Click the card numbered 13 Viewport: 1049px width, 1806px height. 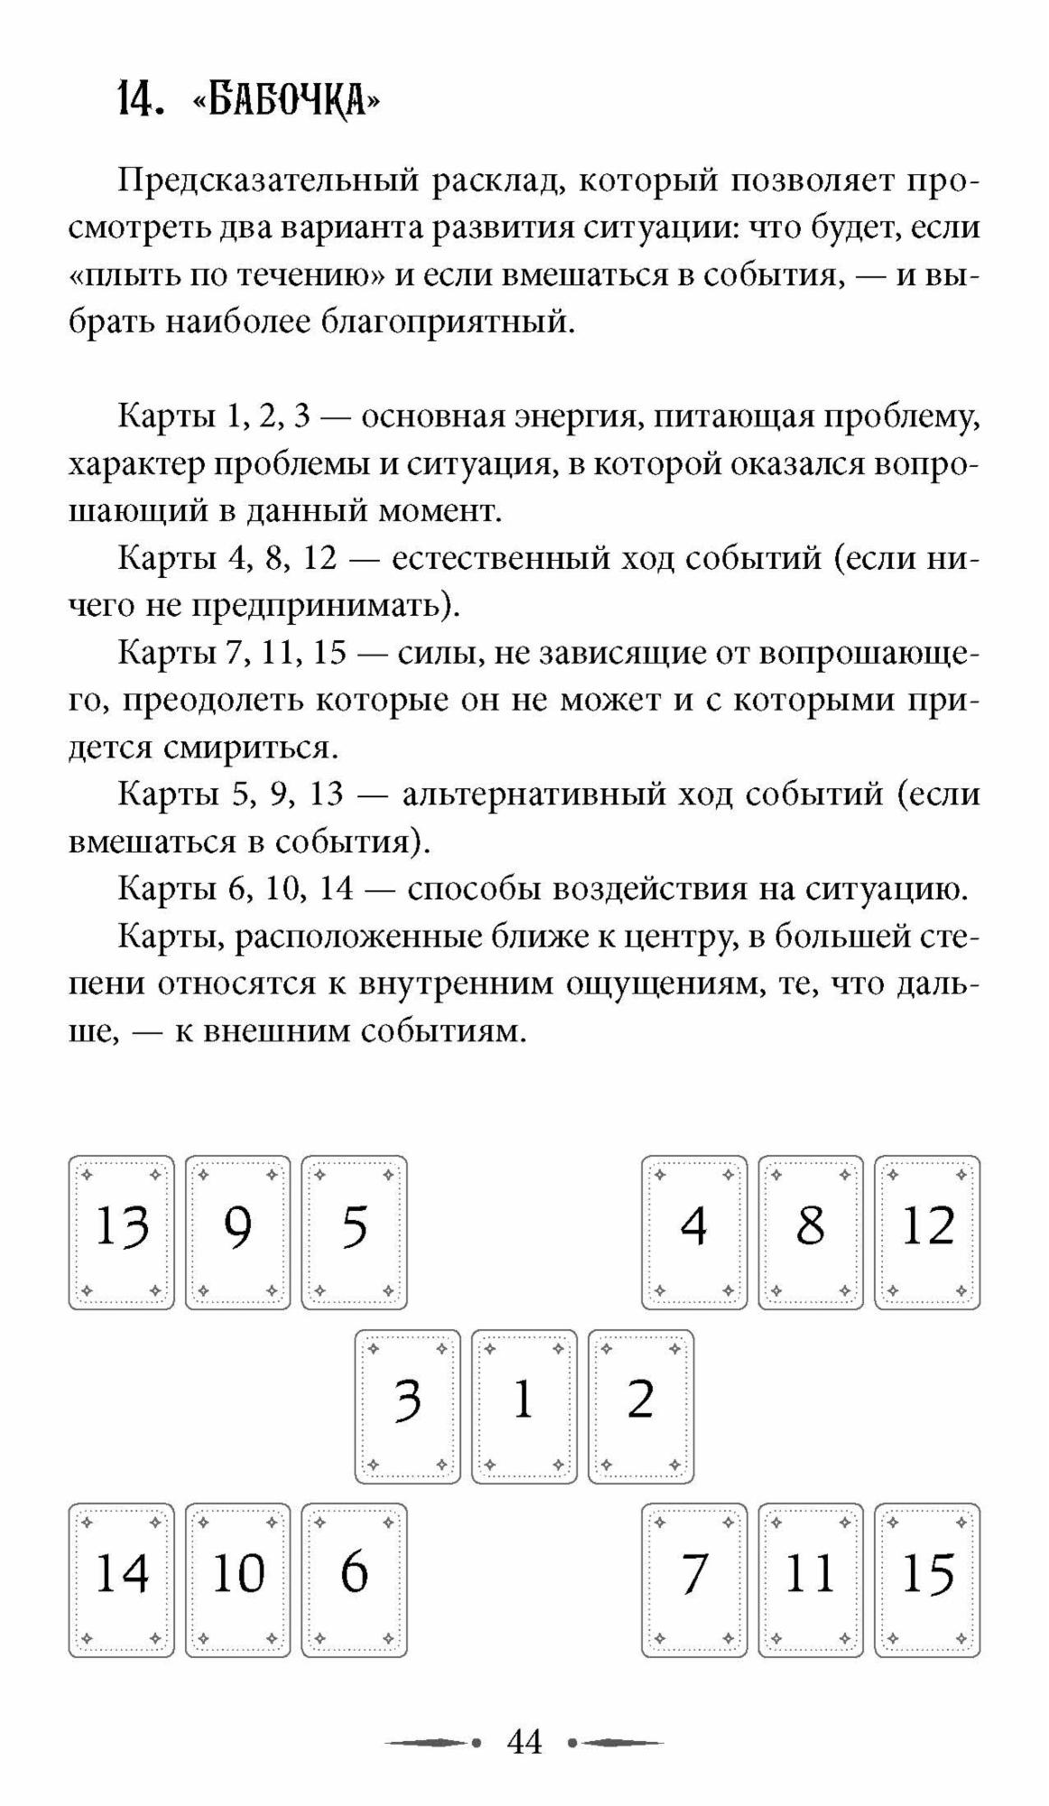[121, 1233]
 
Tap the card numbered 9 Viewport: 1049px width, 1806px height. [238, 1233]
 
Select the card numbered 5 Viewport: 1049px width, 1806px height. [354, 1233]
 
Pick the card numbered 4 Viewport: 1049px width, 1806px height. [694, 1233]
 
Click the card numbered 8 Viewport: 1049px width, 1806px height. [811, 1233]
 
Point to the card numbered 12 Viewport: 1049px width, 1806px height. [927, 1233]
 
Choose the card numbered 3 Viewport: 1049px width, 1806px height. [407, 1406]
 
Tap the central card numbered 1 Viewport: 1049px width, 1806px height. [524, 1406]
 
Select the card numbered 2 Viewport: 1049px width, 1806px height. [640, 1406]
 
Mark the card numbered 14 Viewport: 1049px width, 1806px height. [121, 1579]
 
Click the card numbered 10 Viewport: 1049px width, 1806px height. [238, 1579]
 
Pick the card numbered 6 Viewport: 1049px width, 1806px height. [354, 1579]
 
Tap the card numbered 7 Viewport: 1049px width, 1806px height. [694, 1579]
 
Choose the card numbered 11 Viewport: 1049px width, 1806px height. [811, 1579]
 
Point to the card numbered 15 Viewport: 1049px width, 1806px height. [927, 1579]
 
